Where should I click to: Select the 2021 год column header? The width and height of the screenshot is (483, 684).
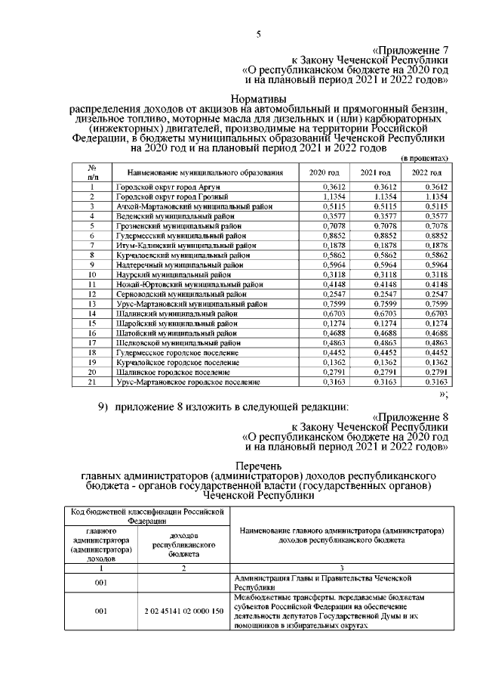[x=375, y=173]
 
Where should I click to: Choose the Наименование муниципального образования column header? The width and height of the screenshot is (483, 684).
[x=205, y=173]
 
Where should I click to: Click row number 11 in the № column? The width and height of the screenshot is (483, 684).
[x=91, y=283]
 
